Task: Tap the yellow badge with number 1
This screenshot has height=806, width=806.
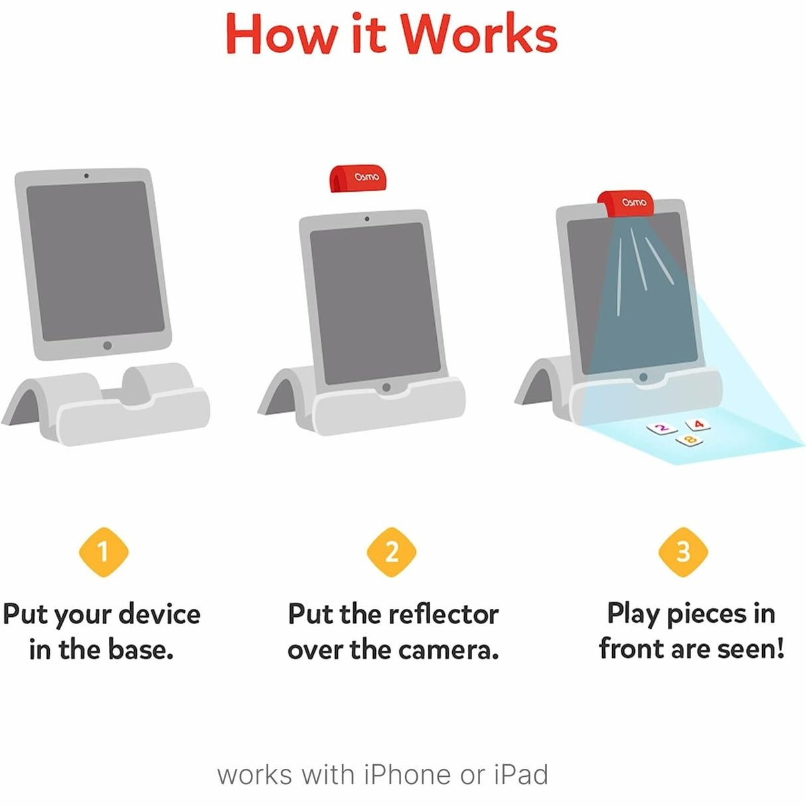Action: (x=103, y=551)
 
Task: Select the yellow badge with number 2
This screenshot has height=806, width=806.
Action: (x=392, y=551)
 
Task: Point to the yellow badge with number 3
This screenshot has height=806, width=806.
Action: (x=683, y=551)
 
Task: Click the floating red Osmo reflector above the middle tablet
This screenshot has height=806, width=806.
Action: (x=364, y=178)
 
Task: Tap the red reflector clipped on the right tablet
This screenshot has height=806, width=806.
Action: (x=625, y=202)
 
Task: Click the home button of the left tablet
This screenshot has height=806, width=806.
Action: (x=108, y=345)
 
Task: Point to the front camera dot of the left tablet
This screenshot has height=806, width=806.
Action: (x=86, y=176)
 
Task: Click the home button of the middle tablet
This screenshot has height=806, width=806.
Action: (x=386, y=387)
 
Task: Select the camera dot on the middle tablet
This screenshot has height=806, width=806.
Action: (x=367, y=218)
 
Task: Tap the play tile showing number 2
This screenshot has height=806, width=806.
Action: (x=661, y=428)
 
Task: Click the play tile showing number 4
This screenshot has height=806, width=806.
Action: (x=698, y=424)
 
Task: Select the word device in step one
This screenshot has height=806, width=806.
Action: (x=159, y=614)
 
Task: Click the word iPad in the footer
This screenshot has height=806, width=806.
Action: (x=521, y=775)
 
